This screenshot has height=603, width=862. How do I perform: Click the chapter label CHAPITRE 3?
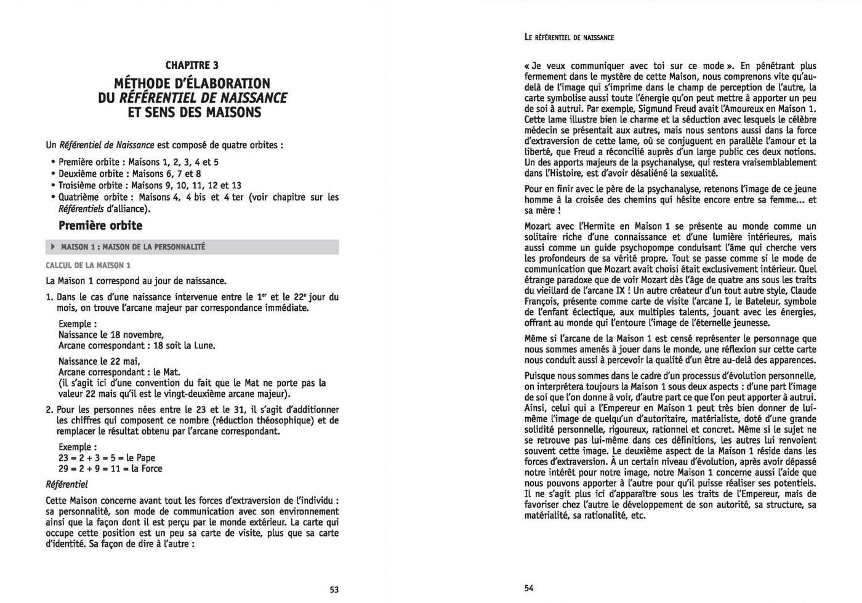click(x=192, y=65)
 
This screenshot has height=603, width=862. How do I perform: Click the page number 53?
click(x=334, y=589)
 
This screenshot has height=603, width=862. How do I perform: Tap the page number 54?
click(x=529, y=588)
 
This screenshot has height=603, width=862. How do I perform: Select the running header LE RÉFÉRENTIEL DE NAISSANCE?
click(x=570, y=38)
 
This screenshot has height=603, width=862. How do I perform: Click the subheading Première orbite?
click(x=100, y=226)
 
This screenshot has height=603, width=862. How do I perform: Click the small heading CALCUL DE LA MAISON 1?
click(x=88, y=265)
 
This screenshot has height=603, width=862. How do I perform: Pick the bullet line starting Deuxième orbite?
click(x=129, y=174)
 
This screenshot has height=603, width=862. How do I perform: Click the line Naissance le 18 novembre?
click(x=111, y=335)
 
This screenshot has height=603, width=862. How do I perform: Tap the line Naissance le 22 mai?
click(x=99, y=361)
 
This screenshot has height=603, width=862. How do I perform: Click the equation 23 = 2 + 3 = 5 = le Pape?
click(x=107, y=458)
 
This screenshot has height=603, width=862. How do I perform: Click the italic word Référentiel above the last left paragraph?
click(x=67, y=484)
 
